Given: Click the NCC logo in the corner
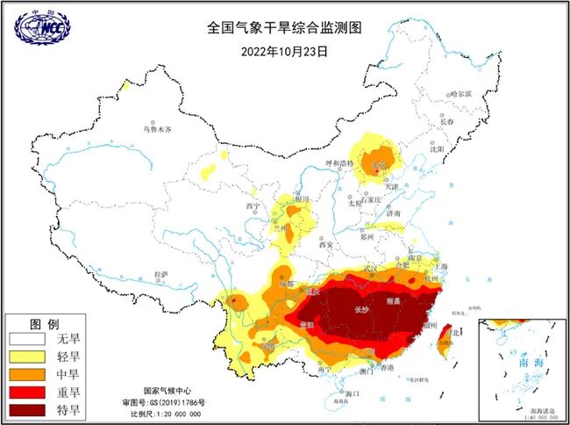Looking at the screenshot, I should pos(42,27).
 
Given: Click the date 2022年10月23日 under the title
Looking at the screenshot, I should pos(284,51).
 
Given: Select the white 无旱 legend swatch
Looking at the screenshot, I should pos(28,338).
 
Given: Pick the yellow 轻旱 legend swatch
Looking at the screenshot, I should pos(28,356).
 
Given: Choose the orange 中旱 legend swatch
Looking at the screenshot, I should pos(28,374).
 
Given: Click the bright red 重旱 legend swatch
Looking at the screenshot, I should pos(28,392).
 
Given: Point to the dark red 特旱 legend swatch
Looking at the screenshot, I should pos(28,409).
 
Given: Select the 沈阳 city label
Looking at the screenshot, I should pos(438,149).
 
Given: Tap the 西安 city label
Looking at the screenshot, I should pos(326,244).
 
